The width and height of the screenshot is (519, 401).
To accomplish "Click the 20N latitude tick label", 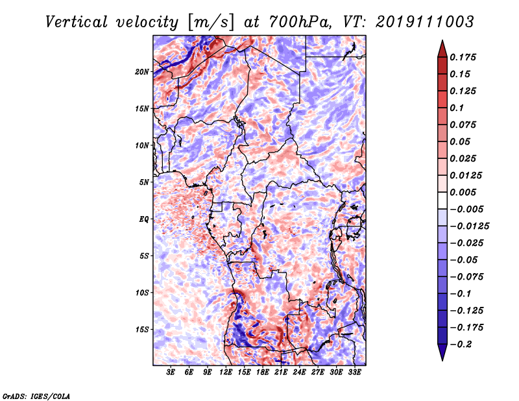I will pyautogui.click(x=142, y=71).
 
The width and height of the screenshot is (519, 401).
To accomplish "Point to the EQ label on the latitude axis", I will pyautogui.click(x=144, y=219).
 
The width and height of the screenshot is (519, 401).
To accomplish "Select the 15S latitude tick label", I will pyautogui.click(x=142, y=330).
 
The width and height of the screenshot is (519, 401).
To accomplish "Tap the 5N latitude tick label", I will pyautogui.click(x=144, y=182).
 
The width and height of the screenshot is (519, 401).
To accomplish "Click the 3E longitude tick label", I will pyautogui.click(x=171, y=372).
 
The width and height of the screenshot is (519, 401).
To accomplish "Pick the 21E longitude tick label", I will pyautogui.click(x=281, y=372).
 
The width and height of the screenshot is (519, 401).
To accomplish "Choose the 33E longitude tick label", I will pyautogui.click(x=354, y=372).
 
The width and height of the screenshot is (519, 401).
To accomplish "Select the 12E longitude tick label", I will pyautogui.click(x=226, y=372).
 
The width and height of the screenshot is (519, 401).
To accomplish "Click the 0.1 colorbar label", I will pyautogui.click(x=459, y=108).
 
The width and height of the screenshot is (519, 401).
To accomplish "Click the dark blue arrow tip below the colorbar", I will pyautogui.click(x=441, y=354).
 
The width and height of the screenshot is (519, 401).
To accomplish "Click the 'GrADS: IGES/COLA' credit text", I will pyautogui.click(x=36, y=395).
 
